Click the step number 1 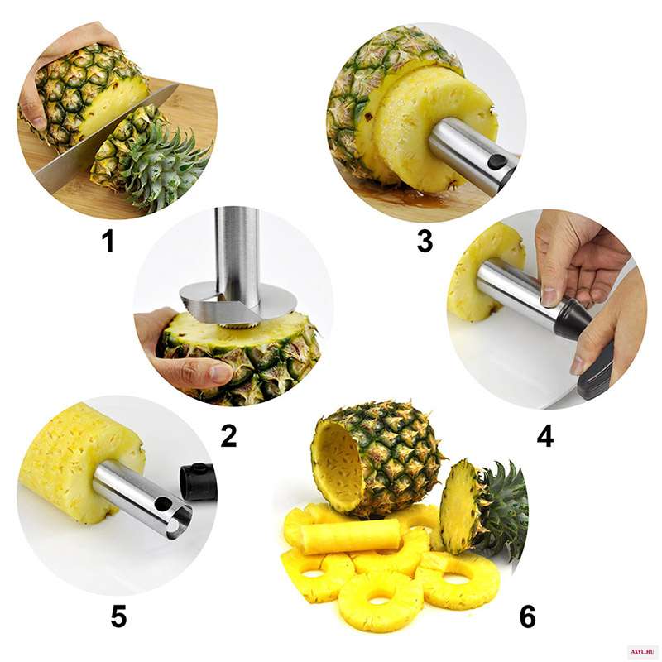109,242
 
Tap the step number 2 228,436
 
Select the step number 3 425,242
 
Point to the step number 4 545,436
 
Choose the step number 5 118,616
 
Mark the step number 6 527,616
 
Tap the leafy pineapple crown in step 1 169,165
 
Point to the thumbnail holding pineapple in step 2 220,373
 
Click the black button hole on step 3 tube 497,161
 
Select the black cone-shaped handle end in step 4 571,319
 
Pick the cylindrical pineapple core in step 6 351,537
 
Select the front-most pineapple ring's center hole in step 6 381,599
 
